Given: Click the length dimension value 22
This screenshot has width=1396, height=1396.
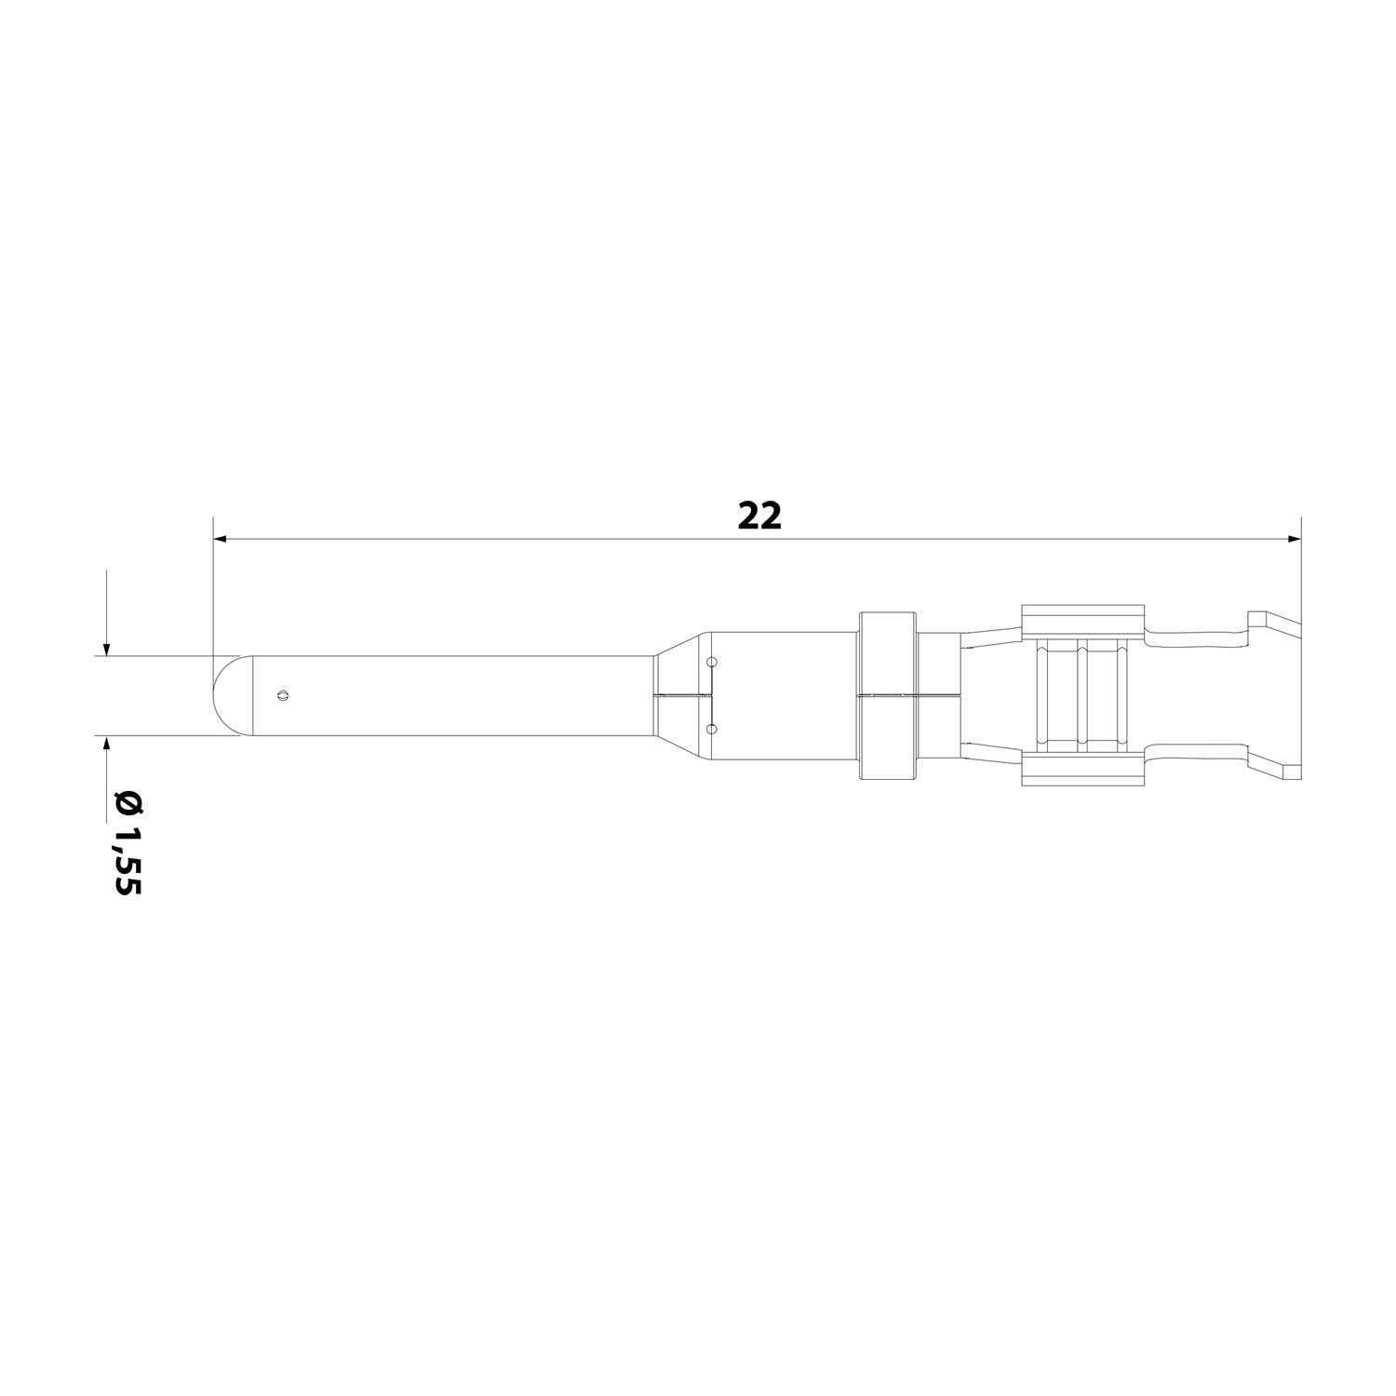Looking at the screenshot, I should [759, 517].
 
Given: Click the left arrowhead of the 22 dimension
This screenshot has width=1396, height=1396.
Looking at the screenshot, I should [221, 539].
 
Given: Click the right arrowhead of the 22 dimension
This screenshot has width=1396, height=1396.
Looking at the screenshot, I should [1294, 539].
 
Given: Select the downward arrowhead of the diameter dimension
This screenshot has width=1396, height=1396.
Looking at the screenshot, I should [107, 649].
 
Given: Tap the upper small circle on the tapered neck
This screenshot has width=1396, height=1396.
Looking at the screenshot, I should [712, 663].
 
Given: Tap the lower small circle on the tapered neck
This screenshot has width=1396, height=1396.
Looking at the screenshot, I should [712, 729].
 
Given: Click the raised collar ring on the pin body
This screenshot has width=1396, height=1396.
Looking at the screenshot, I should [888, 695].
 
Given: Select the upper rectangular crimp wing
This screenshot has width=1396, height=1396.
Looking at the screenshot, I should [1082, 622].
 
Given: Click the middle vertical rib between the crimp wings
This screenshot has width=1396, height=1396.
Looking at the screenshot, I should [1082, 695].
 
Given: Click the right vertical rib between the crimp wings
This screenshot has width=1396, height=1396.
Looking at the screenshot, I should [1122, 695].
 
